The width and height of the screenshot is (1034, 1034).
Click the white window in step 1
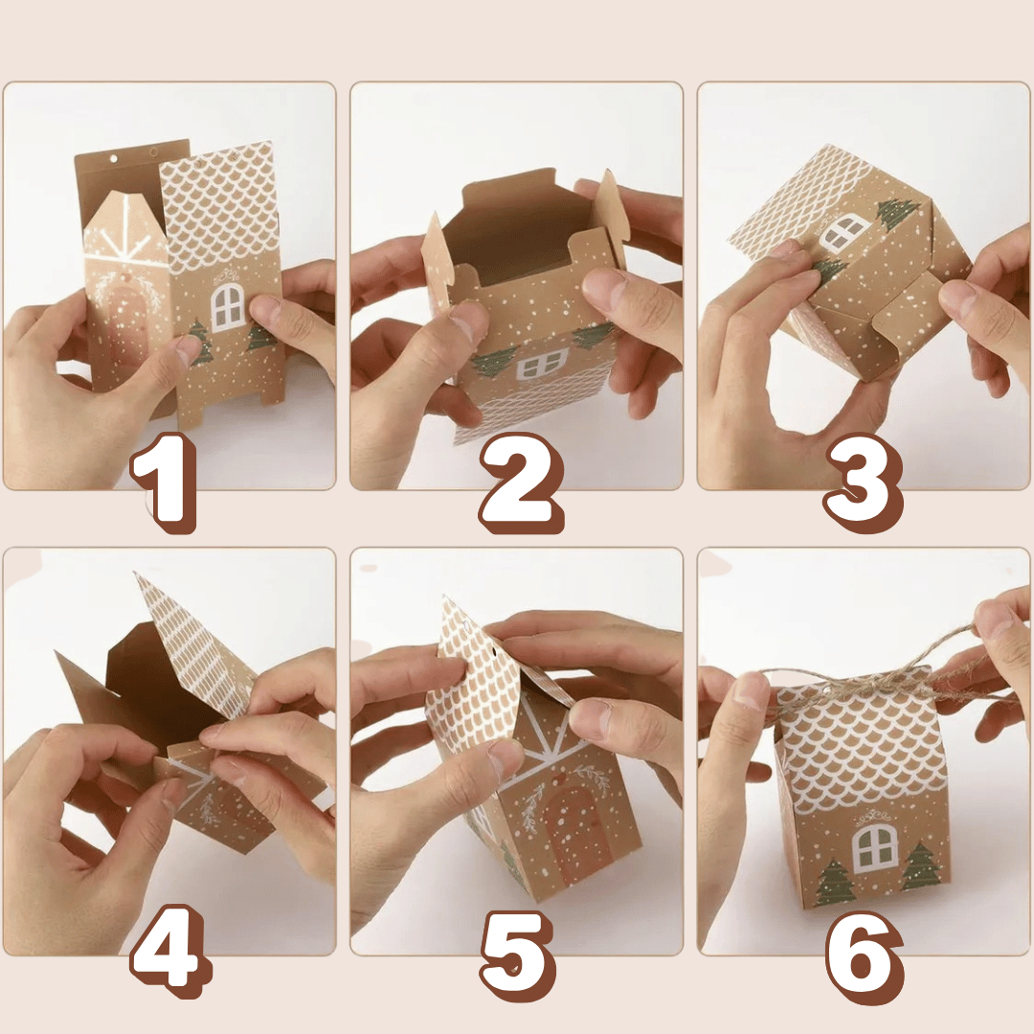coord(228,307)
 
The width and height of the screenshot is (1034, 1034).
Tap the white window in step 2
coord(541,364)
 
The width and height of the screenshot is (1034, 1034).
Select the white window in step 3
coord(843,232)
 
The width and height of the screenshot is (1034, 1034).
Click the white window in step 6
coord(875,846)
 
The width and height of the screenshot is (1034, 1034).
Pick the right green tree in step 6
coord(920,867)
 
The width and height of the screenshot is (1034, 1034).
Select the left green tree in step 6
coord(834,882)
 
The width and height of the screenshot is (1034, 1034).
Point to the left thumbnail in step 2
coord(470,322)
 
